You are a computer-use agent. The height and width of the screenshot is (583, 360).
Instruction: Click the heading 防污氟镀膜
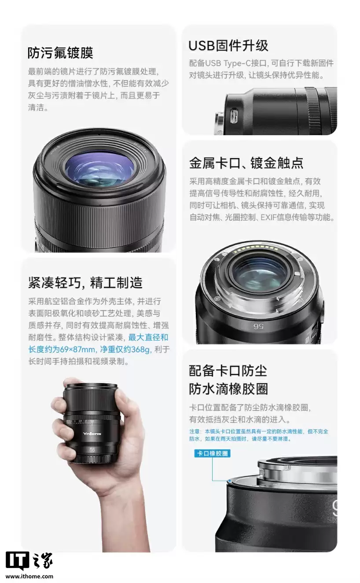(x=60, y=53)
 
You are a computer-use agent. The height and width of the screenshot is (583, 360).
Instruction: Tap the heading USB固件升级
(x=228, y=46)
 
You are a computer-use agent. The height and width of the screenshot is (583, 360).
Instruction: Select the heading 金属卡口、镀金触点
(x=246, y=163)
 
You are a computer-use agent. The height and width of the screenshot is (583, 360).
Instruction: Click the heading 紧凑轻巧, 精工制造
(x=85, y=282)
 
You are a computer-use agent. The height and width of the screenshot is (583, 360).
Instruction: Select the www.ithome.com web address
(x=29, y=576)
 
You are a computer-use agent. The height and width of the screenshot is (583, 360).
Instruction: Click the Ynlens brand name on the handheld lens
(x=92, y=434)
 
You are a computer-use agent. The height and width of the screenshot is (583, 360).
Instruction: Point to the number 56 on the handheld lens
(x=92, y=450)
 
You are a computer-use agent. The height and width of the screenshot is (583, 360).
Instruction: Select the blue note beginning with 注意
(x=259, y=435)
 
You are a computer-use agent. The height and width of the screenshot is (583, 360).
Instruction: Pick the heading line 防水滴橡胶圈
(x=228, y=389)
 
